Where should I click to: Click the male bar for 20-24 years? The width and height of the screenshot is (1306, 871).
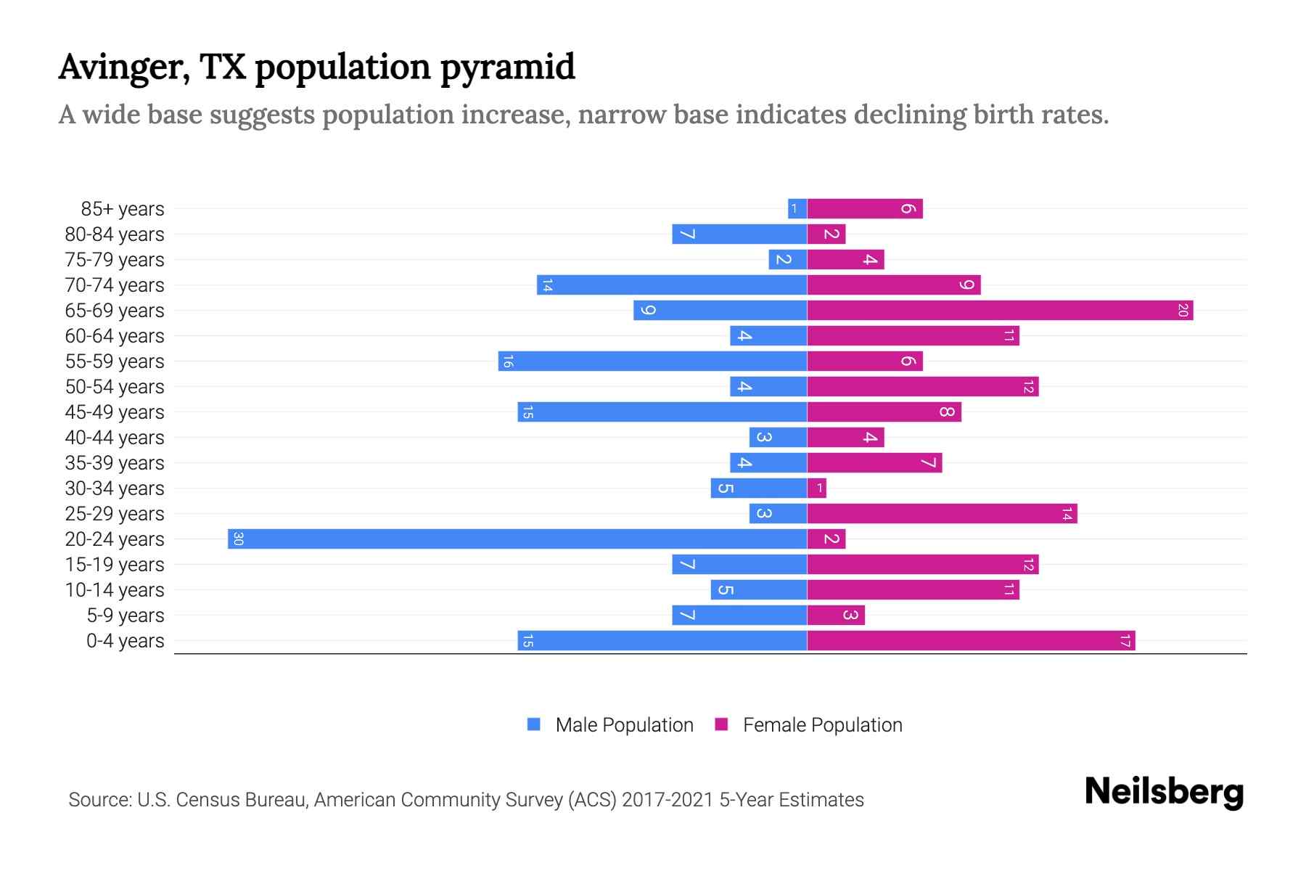pos(517,539)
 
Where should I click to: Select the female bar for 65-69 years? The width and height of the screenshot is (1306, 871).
pos(1000,311)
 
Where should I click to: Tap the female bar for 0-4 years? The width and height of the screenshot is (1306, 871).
pos(971,641)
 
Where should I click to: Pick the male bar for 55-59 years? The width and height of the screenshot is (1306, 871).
pos(653,361)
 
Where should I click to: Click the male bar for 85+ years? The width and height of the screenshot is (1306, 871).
pos(797,209)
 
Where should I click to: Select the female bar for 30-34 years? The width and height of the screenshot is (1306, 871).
pos(817,488)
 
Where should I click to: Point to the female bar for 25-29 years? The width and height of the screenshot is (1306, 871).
pos(942,514)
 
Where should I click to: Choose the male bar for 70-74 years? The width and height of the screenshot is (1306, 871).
pos(672,285)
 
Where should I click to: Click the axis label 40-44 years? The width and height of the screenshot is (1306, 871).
pos(115,438)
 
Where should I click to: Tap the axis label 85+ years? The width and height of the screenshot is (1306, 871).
pos(123,209)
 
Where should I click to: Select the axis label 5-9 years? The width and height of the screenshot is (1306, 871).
pos(126,616)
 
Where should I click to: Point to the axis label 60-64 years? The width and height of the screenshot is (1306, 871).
pos(115,336)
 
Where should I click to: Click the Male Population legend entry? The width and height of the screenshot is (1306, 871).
pos(624,725)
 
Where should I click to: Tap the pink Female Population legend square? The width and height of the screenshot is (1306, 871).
pos(721,724)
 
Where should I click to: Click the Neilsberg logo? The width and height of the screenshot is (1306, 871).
pos(1164,792)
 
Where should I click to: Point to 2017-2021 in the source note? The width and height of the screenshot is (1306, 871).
pos(668,800)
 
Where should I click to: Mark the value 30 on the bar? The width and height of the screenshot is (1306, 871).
pos(238,539)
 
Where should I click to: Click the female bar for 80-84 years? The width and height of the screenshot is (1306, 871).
pos(826,234)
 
